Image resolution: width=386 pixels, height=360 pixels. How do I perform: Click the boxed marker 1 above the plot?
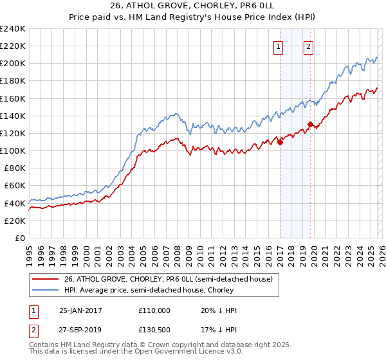pyautogui.click(x=279, y=46)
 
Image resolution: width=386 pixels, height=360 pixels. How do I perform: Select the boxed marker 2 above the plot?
pyautogui.click(x=309, y=46)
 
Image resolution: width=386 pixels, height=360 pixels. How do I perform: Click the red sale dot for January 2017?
pyautogui.click(x=280, y=143)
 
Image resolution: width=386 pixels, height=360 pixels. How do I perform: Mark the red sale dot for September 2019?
pyautogui.click(x=310, y=124)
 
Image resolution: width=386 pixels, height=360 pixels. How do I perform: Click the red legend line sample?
pyautogui.click(x=46, y=279)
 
